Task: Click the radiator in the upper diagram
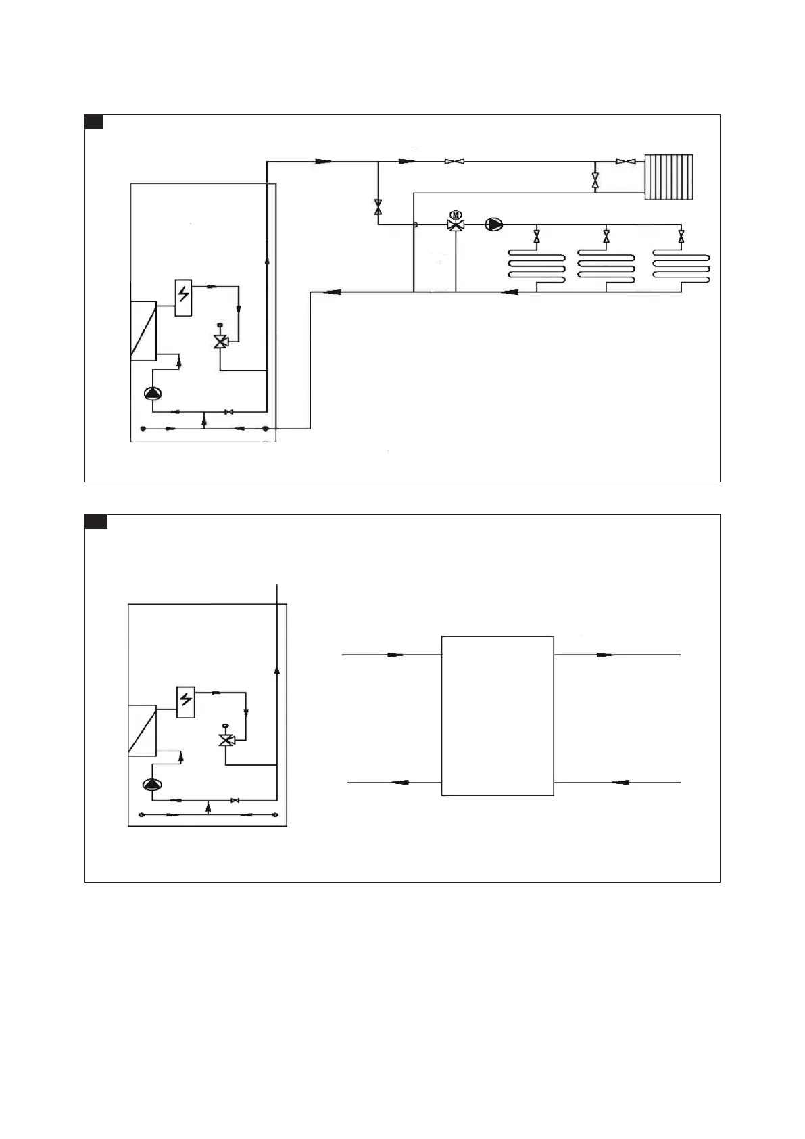point(669,177)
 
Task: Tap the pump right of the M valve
point(494,224)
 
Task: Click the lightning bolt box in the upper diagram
point(183,297)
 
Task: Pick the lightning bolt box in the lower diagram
point(186,701)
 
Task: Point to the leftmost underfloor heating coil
point(536,266)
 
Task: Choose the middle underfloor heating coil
point(606,266)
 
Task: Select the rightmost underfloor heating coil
point(681,266)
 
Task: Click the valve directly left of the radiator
point(625,162)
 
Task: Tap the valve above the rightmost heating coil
point(681,237)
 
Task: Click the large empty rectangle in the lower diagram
point(497,716)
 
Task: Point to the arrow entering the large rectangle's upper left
point(395,655)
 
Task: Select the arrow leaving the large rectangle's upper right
point(604,655)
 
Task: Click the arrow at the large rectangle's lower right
point(620,783)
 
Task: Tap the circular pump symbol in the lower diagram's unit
point(152,785)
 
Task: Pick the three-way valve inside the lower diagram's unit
point(225,740)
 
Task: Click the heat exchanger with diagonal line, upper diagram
point(143,331)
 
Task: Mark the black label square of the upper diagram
point(93,122)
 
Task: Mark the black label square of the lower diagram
point(96,521)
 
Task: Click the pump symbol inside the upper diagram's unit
point(153,394)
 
